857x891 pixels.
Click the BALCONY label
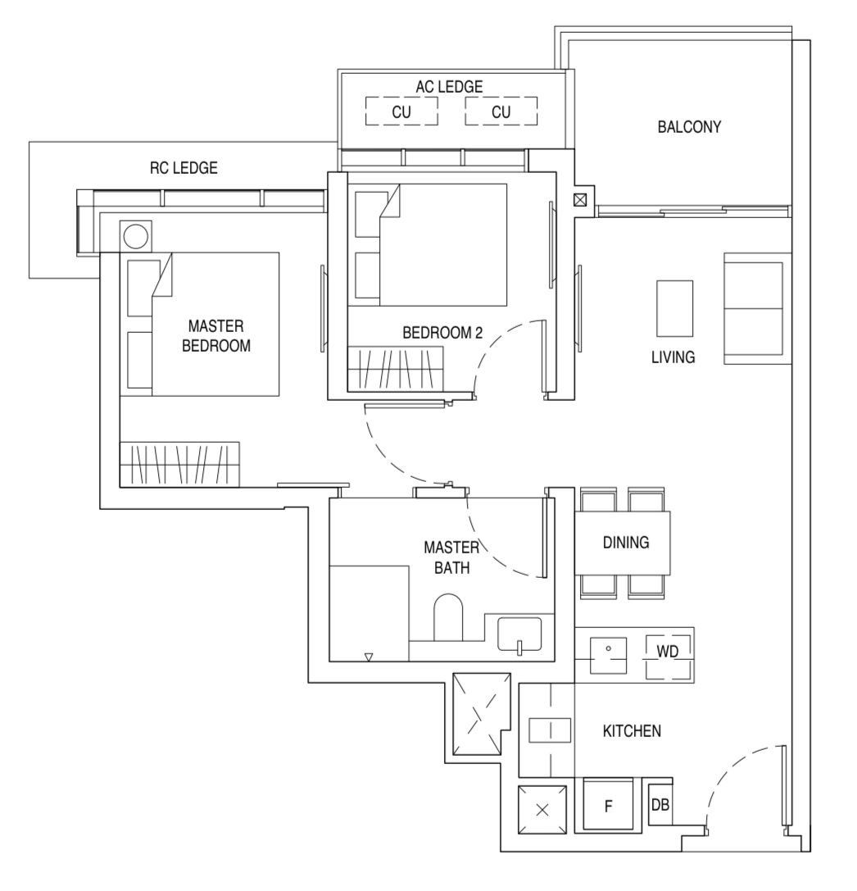pyautogui.click(x=688, y=127)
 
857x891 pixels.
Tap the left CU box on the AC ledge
pyautogui.click(x=401, y=111)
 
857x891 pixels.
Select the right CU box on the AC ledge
pyautogui.click(x=501, y=111)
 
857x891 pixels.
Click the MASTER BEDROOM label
pyautogui.click(x=215, y=336)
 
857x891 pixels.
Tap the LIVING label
pyautogui.click(x=673, y=357)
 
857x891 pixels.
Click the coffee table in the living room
pyautogui.click(x=674, y=307)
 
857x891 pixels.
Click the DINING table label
pyautogui.click(x=626, y=542)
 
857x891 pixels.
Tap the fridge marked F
pyautogui.click(x=608, y=806)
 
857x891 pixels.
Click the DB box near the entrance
pyautogui.click(x=660, y=805)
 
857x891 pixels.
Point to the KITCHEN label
pyautogui.click(x=632, y=731)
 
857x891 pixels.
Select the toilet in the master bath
pyautogui.click(x=447, y=618)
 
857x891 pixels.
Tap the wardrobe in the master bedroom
pyautogui.click(x=179, y=464)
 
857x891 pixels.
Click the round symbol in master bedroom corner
pyautogui.click(x=135, y=236)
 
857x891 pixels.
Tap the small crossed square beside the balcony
pyautogui.click(x=580, y=199)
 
